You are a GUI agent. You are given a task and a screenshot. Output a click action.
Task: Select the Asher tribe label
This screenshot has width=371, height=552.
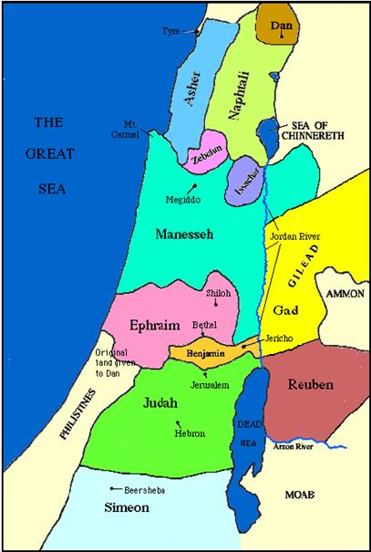click(194, 89)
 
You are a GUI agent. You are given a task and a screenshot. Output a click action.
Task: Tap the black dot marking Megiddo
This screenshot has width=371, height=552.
click(194, 185)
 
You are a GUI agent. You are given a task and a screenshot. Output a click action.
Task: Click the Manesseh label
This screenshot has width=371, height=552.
click(183, 234)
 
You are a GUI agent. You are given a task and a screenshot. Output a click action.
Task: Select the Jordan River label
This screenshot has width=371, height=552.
click(293, 235)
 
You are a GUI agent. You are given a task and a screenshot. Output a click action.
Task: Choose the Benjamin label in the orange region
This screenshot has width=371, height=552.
click(205, 352)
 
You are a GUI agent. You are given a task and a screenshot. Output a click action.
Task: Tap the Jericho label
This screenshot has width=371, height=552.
click(278, 337)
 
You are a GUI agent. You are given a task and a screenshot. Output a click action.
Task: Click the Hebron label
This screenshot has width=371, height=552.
click(189, 434)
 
